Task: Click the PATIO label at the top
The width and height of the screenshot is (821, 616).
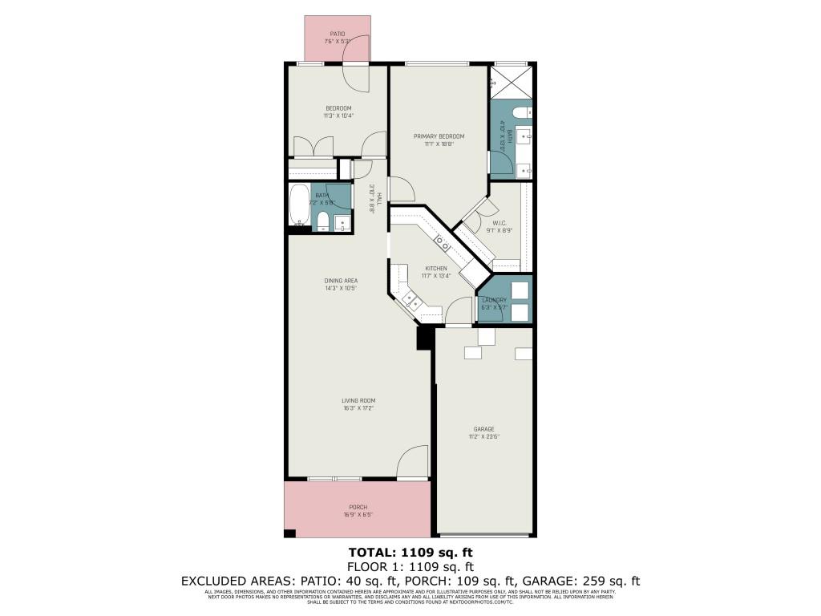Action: [x=337, y=34]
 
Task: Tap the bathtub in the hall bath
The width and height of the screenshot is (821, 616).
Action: [x=298, y=206]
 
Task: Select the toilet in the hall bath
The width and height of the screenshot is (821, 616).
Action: [x=322, y=221]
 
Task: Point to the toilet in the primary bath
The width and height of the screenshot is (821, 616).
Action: [x=520, y=113]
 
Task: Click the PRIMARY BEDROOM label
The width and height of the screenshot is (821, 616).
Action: [x=439, y=136]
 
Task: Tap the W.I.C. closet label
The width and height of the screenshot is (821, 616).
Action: [x=498, y=224]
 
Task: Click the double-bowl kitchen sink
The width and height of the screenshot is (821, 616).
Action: [x=442, y=241]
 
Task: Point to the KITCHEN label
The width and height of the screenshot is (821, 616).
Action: [x=436, y=269]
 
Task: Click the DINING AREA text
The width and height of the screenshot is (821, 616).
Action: [x=340, y=281]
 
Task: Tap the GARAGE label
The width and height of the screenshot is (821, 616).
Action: [x=483, y=429]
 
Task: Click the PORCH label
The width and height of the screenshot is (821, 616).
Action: [x=358, y=507]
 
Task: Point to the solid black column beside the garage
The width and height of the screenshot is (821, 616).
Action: [x=424, y=338]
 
